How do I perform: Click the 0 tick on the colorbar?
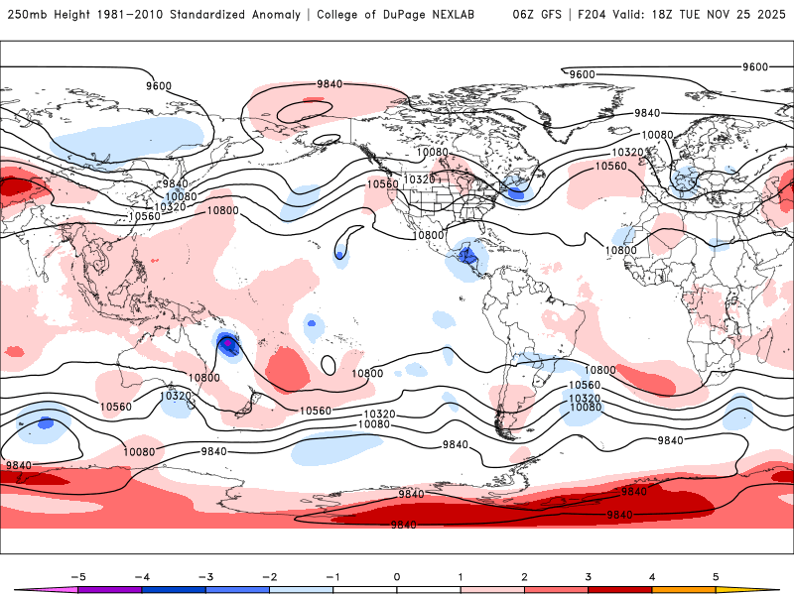pyautogui.click(x=397, y=575)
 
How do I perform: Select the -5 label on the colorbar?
pyautogui.click(x=78, y=575)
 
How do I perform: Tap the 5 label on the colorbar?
pyautogui.click(x=716, y=575)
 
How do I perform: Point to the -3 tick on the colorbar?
pyautogui.click(x=205, y=575)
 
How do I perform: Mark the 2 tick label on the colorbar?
pyautogui.click(x=524, y=575)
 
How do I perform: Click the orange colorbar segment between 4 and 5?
pyautogui.click(x=684, y=589)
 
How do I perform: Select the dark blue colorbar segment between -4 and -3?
pyautogui.click(x=174, y=589)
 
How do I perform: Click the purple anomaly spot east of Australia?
pyautogui.click(x=227, y=343)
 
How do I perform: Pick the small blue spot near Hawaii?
pyautogui.click(x=339, y=255)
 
